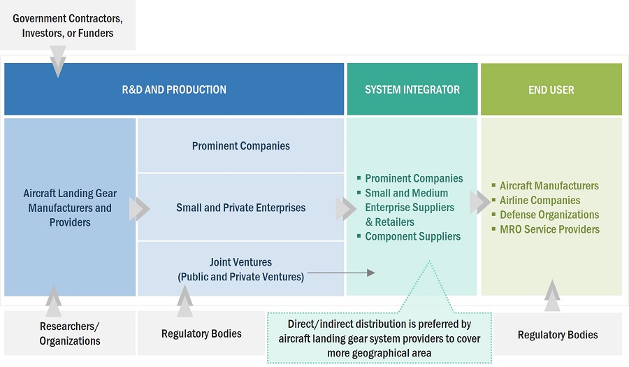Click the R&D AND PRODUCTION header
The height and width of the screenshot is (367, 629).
(x=174, y=89)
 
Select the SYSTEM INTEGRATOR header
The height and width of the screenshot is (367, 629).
(x=412, y=89)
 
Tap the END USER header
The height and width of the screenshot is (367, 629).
(x=551, y=89)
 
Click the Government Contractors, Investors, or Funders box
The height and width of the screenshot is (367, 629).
(x=68, y=25)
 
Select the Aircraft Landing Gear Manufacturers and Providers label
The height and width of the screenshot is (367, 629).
(x=70, y=208)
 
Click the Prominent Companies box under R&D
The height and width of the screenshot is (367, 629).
(x=241, y=146)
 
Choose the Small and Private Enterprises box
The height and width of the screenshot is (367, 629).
(x=241, y=208)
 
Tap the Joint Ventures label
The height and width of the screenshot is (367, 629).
(x=241, y=269)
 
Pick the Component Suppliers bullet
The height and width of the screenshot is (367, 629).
(x=412, y=236)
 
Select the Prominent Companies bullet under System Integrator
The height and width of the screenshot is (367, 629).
(x=414, y=178)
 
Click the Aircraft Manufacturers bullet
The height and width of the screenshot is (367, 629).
(x=549, y=186)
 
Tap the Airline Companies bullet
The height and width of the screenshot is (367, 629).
(x=540, y=201)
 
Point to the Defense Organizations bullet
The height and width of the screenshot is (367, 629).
(x=549, y=215)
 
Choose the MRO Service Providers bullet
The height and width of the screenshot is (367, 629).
(x=549, y=229)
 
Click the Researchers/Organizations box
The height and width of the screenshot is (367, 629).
(x=70, y=333)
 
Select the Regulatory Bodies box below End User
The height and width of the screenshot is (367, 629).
(x=558, y=335)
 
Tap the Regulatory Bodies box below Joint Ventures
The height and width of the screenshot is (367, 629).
(x=201, y=333)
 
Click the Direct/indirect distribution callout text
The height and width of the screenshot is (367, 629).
(x=379, y=338)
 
